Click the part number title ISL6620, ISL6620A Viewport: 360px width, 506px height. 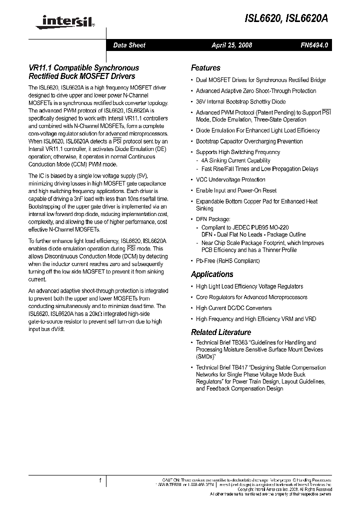[x=287, y=19]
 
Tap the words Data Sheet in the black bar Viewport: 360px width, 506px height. [x=129, y=45]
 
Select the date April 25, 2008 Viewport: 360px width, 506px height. [x=231, y=45]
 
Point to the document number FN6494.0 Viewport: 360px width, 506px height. [x=314, y=45]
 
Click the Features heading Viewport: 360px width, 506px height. [x=205, y=68]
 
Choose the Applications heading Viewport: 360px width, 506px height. [x=212, y=274]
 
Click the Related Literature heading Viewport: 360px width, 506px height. [x=221, y=332]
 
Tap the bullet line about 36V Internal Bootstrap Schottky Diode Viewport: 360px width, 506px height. [x=240, y=102]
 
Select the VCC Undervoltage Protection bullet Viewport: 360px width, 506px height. [x=230, y=179]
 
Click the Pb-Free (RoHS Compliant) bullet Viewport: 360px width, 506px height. [x=227, y=261]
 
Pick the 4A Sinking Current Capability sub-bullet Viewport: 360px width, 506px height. [x=235, y=161]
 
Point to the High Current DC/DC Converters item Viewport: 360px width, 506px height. [x=233, y=308]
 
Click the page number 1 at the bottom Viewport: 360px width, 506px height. [x=100, y=480]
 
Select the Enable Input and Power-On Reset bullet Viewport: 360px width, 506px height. [x=236, y=190]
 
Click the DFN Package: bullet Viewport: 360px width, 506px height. [x=213, y=219]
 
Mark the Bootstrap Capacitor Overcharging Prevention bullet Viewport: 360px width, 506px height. [x=249, y=141]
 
